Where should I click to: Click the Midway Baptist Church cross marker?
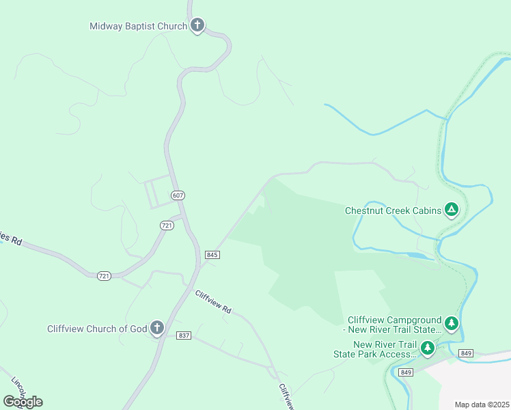pos(197,25)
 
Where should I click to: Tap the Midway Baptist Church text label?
pos(138,27)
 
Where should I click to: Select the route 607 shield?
pos(178,195)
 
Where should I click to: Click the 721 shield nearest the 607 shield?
pos(167,225)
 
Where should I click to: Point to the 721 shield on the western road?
pos(104,275)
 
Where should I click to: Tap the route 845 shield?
pos(212,255)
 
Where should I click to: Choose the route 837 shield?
pos(183,336)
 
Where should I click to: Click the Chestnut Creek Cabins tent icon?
pos(451,209)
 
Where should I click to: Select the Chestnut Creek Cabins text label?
pos(392,210)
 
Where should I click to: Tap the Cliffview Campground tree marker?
pos(451,322)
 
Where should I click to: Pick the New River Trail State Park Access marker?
pos(428,348)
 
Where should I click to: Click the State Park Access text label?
pos(375,354)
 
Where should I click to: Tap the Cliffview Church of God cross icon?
pos(157,327)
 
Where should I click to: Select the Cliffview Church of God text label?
pos(97,329)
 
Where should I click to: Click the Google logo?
pos(23,401)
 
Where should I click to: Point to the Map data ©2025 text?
pos(482,405)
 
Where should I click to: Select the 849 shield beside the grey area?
pos(466,353)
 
